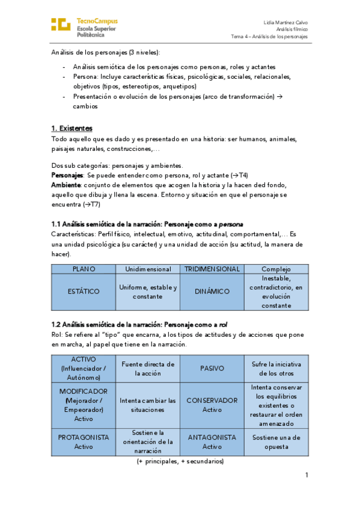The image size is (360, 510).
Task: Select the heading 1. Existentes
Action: coord(72,128)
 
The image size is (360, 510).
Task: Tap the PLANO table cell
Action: coord(83,269)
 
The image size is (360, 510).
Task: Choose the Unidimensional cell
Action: coord(148,269)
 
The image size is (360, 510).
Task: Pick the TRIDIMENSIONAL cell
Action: coord(212,269)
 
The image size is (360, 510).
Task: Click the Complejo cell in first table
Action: coord(276,269)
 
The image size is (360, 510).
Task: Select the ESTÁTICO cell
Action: coord(83,292)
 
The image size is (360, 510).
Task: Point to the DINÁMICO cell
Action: coord(212,292)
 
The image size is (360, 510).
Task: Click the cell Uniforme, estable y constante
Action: coord(148,292)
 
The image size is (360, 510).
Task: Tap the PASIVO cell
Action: coord(212,368)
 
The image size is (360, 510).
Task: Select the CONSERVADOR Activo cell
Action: coord(212,405)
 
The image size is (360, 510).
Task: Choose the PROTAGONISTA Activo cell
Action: coord(83,442)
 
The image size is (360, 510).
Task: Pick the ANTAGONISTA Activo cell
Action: coord(212,442)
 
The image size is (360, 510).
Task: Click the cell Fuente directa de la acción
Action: coord(148,368)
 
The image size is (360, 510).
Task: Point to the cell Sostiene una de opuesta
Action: coord(276,442)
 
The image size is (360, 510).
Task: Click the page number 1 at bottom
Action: coord(306,476)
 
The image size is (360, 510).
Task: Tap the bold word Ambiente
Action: coord(66,185)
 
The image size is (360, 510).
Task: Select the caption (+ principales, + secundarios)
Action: coord(180,461)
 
